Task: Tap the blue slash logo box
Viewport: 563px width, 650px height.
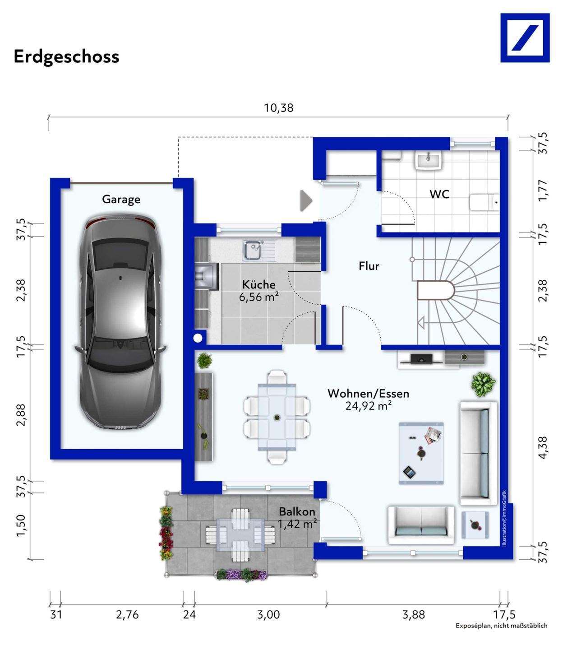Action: pyautogui.click(x=525, y=38)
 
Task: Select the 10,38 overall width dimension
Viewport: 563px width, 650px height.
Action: pyautogui.click(x=278, y=108)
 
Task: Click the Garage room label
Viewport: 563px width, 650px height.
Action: pyautogui.click(x=121, y=200)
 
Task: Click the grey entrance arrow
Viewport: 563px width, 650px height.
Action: pyautogui.click(x=306, y=200)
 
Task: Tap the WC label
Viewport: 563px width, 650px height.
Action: pyautogui.click(x=439, y=194)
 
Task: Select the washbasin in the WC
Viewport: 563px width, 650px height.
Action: pyautogui.click(x=428, y=160)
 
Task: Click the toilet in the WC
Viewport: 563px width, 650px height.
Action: pyautogui.click(x=484, y=202)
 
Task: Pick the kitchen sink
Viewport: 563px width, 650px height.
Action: pyautogui.click(x=254, y=251)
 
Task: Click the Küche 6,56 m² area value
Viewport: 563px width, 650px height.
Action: pyautogui.click(x=258, y=297)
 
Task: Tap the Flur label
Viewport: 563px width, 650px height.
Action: pyautogui.click(x=369, y=266)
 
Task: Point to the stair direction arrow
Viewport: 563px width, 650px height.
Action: pyautogui.click(x=421, y=323)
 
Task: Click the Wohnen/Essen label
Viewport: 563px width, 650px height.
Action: pyautogui.click(x=369, y=394)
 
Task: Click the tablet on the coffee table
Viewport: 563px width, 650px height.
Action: pyautogui.click(x=409, y=471)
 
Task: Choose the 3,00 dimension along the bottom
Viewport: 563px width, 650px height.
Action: pyautogui.click(x=268, y=614)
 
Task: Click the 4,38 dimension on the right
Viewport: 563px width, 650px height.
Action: pyautogui.click(x=543, y=447)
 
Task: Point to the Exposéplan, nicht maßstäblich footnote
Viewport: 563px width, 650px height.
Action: pyautogui.click(x=502, y=625)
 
